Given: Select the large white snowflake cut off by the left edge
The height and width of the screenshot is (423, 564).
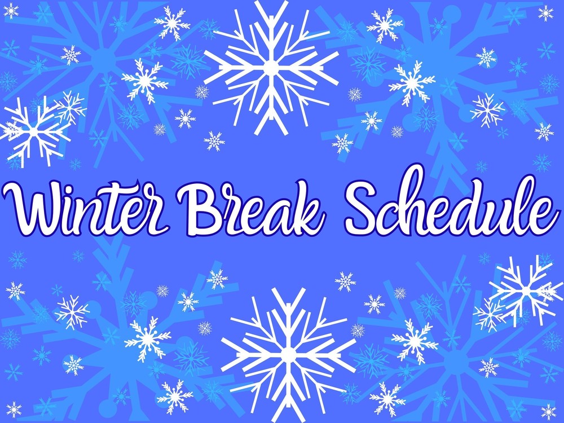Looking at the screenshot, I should pos(34,130).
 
